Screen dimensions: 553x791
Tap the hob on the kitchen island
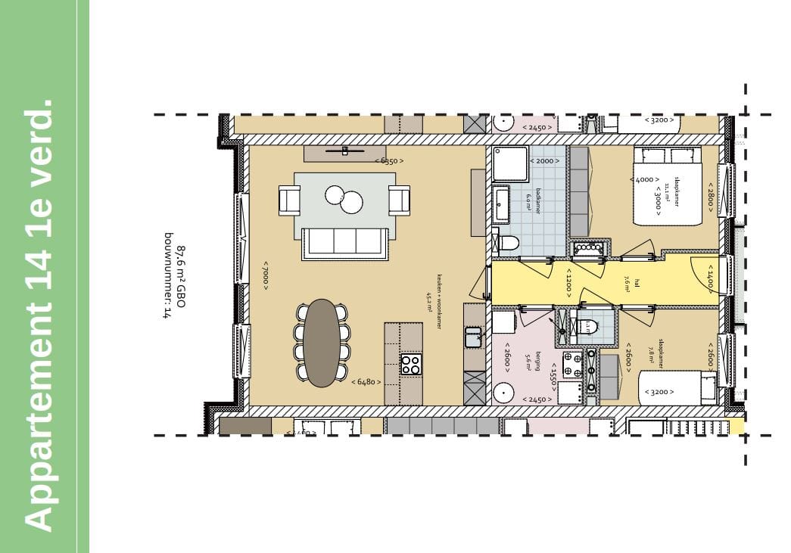411,365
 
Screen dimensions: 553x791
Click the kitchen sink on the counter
473,337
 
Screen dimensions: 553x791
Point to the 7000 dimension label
266,275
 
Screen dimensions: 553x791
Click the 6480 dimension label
364,382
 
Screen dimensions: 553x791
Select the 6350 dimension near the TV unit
389,160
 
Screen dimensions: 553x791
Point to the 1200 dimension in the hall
567,284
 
